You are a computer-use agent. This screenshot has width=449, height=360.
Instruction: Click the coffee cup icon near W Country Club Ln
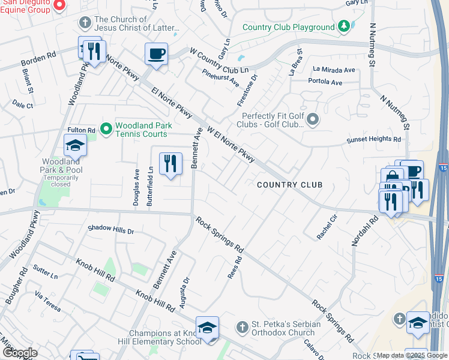click(156, 54)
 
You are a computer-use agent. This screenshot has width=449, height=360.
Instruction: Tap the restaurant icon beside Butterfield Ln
click(170, 163)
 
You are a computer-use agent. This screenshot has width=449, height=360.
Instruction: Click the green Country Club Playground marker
click(343, 27)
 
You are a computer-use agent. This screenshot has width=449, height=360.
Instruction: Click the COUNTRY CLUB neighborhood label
click(289, 185)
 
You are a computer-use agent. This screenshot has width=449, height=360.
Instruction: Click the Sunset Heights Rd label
click(374, 139)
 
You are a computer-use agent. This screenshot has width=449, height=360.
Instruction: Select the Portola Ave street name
click(325, 82)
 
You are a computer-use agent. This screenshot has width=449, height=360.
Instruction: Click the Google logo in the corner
click(20, 353)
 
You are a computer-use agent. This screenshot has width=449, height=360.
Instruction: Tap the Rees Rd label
click(234, 269)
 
